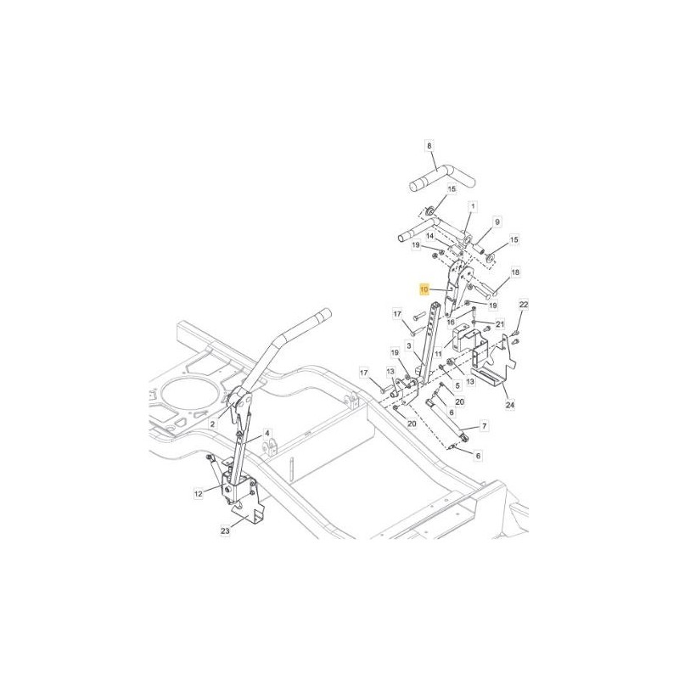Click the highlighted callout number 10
coord(424,289)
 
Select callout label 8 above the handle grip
coord(429,146)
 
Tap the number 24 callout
coord(510,405)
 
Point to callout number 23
coord(225,530)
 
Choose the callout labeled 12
coord(198,493)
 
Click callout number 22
coord(524,305)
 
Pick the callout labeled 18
coord(515,272)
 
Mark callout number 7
coord(484,426)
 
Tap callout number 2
coord(212,424)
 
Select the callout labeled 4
coord(267,433)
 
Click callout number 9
coord(497,222)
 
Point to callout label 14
coord(430,236)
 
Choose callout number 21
coord(500,324)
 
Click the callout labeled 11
coord(438,354)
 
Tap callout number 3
coord(408,345)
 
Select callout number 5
coord(457,384)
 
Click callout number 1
coord(473,206)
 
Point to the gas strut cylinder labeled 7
coord(449,420)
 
